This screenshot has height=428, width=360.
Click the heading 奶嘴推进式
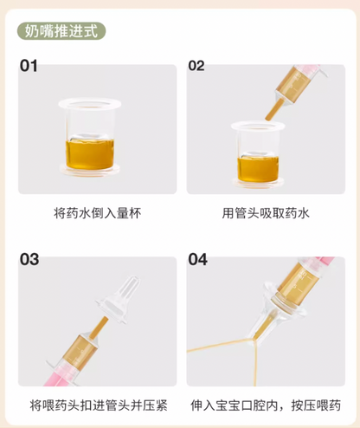61,32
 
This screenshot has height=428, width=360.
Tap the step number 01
29,66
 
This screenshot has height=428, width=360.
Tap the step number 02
196,66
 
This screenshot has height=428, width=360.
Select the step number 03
29,260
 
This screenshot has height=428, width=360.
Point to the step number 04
198,260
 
